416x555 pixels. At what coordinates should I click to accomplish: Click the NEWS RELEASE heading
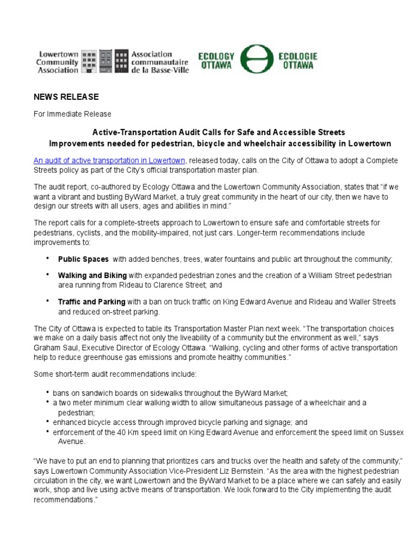click(66, 97)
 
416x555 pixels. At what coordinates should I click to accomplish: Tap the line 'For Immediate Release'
click(73, 114)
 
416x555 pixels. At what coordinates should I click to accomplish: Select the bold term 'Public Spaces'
click(83, 259)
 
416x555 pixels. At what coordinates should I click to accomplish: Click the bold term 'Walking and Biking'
click(93, 276)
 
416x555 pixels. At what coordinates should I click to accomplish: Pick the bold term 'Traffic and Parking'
click(92, 301)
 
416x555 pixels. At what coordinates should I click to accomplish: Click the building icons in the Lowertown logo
click(105, 62)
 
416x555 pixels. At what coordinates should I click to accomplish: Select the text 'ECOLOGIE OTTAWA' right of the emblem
click(297, 60)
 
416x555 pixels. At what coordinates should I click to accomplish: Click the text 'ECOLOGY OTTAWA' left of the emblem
click(217, 60)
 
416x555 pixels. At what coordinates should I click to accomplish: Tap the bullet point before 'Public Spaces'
click(48, 258)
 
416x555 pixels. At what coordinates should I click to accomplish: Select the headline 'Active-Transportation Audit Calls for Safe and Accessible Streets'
click(218, 132)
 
